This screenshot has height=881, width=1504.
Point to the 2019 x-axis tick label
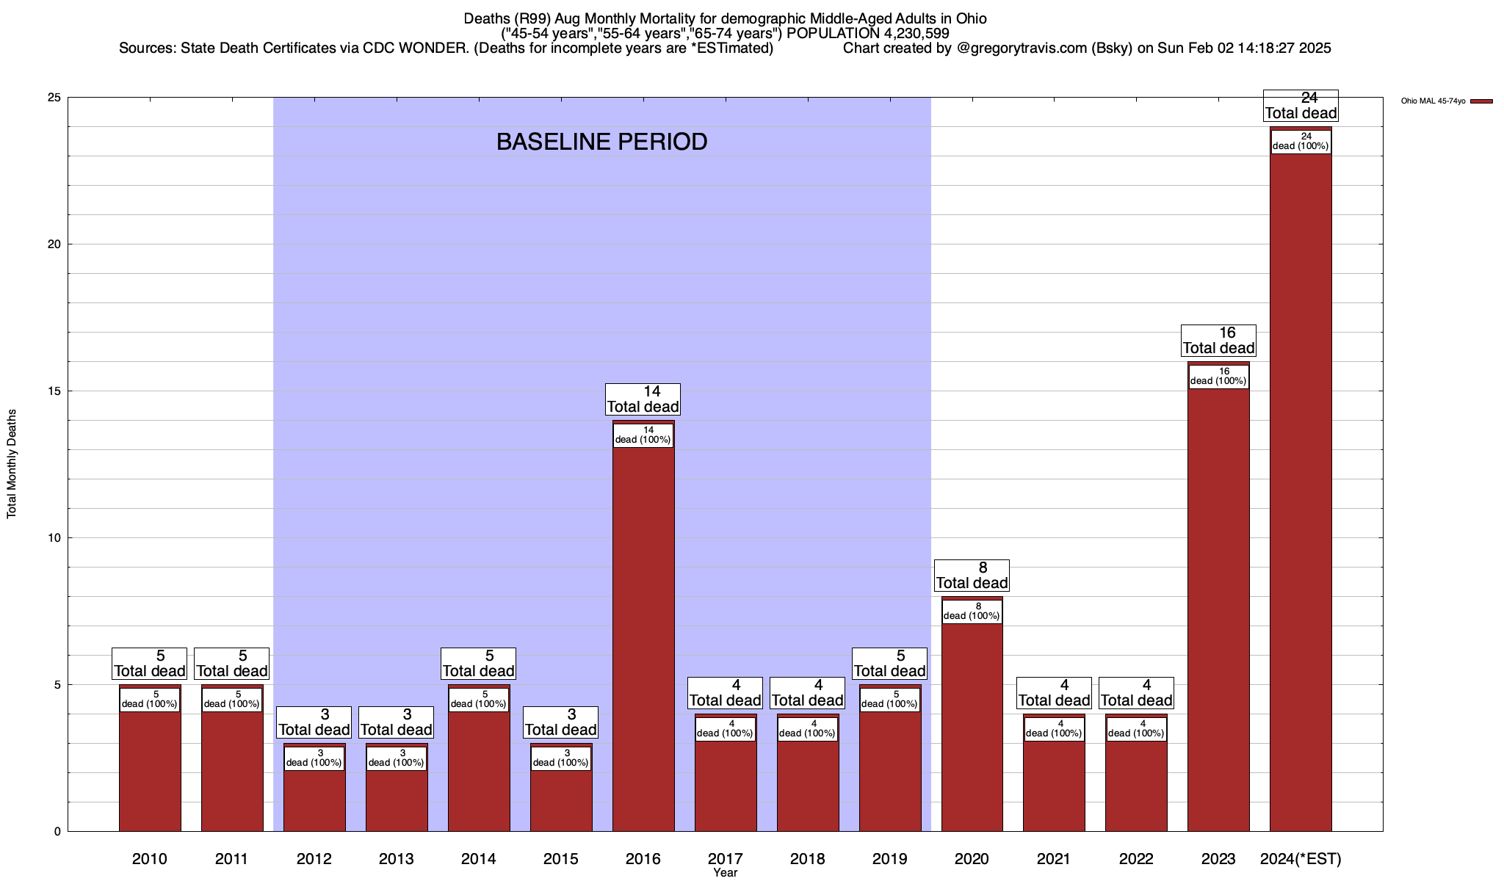tap(889, 858)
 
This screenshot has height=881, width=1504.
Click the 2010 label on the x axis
tap(150, 858)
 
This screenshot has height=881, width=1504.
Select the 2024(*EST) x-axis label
tap(1301, 858)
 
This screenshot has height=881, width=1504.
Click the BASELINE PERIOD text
tap(601, 142)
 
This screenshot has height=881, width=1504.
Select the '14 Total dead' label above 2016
tap(643, 399)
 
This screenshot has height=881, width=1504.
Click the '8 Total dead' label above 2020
tap(972, 575)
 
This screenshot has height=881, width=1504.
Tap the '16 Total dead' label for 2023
tap(1218, 340)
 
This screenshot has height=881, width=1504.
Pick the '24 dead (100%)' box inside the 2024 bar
tap(1301, 141)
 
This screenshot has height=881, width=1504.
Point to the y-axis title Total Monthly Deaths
tap(12, 463)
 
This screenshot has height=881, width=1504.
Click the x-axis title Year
tap(725, 873)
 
